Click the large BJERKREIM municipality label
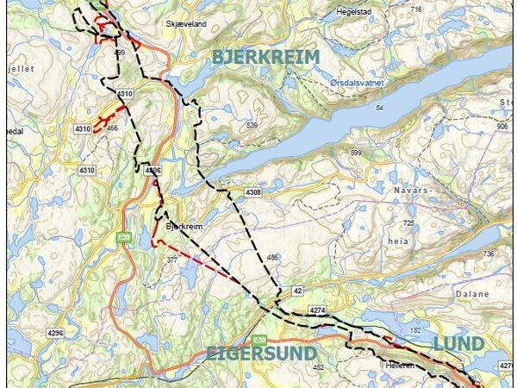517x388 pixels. click(x=265, y=57)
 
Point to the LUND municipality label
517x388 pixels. click(x=458, y=344)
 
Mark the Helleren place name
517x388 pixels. click(x=401, y=366)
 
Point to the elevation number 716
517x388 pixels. click(x=417, y=9)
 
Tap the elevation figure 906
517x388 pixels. click(x=502, y=126)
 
